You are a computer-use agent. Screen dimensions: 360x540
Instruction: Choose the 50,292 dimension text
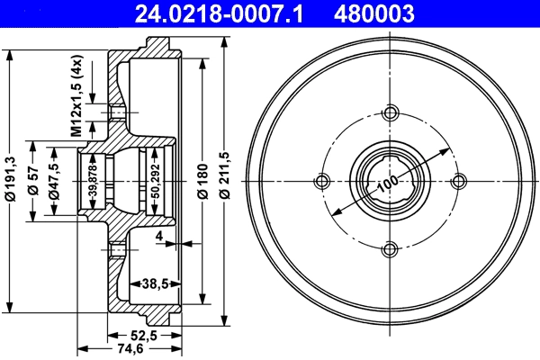coord(155,179)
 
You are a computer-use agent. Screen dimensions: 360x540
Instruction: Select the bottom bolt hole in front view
coord(391,249)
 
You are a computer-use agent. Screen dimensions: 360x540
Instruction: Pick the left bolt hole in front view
coord(322,181)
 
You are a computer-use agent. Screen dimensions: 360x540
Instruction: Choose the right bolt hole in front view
coord(459,181)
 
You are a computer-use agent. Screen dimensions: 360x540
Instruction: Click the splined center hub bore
coord(391,181)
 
